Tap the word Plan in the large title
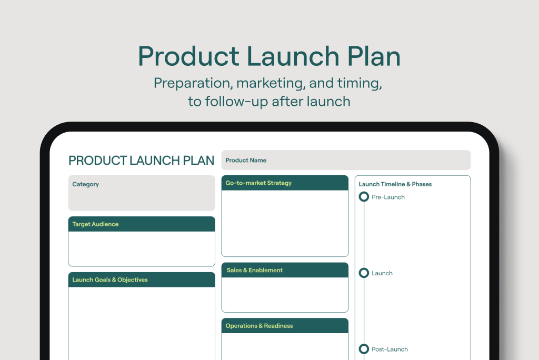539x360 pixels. click(x=374, y=56)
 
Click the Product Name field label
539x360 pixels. click(x=246, y=160)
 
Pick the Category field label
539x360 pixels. click(x=86, y=184)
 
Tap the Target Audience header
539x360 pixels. click(x=95, y=224)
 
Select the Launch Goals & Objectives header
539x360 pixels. click(x=110, y=280)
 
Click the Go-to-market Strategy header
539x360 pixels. click(x=258, y=183)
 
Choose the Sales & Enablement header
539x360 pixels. click(x=255, y=270)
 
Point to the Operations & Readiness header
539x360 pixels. click(x=259, y=326)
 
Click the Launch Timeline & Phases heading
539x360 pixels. click(x=395, y=184)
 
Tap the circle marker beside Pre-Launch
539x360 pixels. click(x=364, y=193)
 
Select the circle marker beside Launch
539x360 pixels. click(x=364, y=268)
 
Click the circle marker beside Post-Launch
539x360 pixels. click(x=364, y=345)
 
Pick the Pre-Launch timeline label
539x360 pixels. click(x=388, y=197)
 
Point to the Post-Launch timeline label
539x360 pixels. click(x=390, y=349)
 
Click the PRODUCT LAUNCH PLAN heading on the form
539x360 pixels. click(x=141, y=161)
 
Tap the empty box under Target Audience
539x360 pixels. click(x=142, y=248)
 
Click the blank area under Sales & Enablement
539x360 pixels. click(x=285, y=295)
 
